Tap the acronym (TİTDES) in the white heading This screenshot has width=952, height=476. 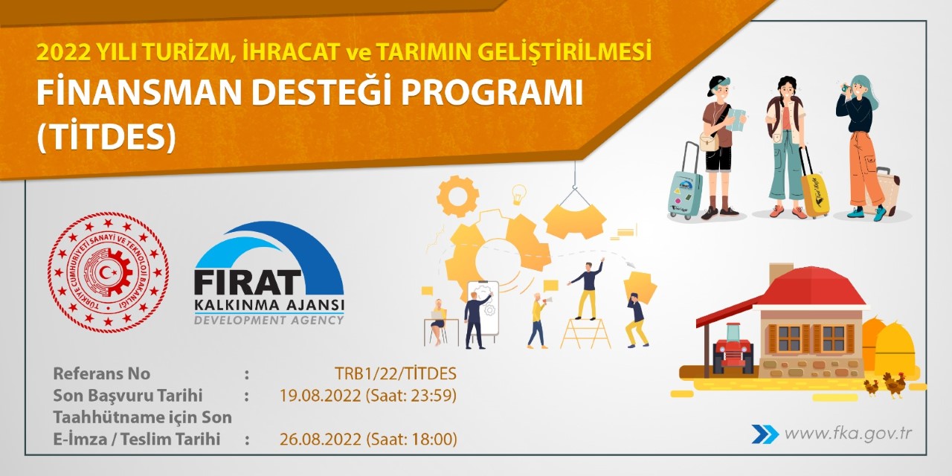pyautogui.click(x=106, y=137)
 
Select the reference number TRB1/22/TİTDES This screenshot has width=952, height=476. pyautogui.click(x=396, y=373)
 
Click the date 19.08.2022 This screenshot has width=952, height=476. pyautogui.click(x=321, y=396)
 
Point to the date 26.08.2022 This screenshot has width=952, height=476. pyautogui.click(x=321, y=440)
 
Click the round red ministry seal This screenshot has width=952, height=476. pyautogui.click(x=109, y=272)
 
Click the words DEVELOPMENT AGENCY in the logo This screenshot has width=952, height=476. pyautogui.click(x=268, y=320)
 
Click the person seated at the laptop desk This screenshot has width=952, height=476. pyautogui.click(x=438, y=320)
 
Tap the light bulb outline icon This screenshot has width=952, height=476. pyautogui.click(x=518, y=194)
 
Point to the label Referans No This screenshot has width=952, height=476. pyautogui.click(x=101, y=373)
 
